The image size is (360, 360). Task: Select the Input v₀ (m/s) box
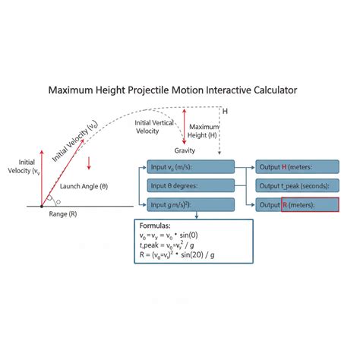coord(191,167)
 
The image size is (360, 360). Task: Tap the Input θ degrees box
coord(191,185)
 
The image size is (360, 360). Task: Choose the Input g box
coord(191,204)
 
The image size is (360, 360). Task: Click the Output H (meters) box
coord(297,167)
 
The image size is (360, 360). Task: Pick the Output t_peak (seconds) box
coord(297,185)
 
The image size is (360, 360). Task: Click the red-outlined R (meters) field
coord(310,204)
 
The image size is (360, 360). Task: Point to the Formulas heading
coord(155,226)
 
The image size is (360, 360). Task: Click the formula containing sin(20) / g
coord(177,254)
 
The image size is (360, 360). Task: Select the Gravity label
coord(185,150)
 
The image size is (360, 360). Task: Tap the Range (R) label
coord(63,214)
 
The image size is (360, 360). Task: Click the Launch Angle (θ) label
coord(84,187)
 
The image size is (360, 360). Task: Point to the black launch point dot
coord(42,207)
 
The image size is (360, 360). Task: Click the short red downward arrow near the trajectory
coord(89,163)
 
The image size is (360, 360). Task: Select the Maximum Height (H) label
coord(203,131)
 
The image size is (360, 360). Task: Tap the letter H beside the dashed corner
coord(225,112)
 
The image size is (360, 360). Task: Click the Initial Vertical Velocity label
coord(154,127)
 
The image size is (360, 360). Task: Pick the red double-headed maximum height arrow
coord(185,127)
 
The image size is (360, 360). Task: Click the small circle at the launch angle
coord(58,202)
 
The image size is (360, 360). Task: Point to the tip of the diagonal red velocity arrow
coord(84,139)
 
